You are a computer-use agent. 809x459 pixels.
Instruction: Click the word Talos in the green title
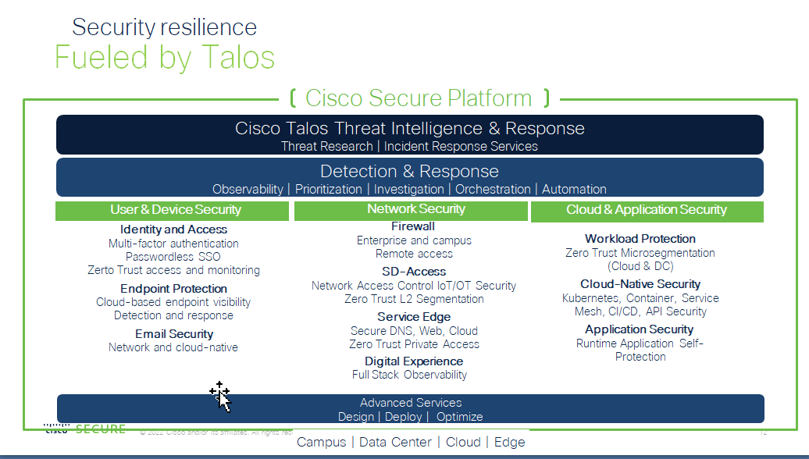[x=233, y=59]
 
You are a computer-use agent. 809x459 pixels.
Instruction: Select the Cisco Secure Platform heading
[x=419, y=98]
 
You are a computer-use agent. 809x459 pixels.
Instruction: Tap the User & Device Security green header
[x=176, y=209]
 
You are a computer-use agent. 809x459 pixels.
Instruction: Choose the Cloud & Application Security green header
[x=647, y=209]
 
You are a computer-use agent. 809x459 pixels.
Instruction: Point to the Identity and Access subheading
[x=174, y=229]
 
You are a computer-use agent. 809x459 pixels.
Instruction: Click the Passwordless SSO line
[x=173, y=257]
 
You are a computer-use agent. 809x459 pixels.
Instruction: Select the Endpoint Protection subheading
[x=173, y=289]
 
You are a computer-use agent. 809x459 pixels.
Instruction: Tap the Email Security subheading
[x=174, y=334]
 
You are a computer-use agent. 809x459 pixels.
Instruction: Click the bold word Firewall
[x=413, y=226]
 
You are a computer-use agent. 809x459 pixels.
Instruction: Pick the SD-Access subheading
[x=414, y=272]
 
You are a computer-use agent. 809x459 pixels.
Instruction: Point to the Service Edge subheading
[x=414, y=317]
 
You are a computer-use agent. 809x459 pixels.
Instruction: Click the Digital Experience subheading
[x=414, y=361]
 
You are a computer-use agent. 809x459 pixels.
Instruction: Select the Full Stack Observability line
[x=409, y=375]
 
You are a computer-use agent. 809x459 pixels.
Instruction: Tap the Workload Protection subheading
[x=640, y=239]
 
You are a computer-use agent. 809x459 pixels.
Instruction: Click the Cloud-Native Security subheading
[x=640, y=284]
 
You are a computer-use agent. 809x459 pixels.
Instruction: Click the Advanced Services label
[x=411, y=403]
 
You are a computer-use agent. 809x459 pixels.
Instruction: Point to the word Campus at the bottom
[x=321, y=442]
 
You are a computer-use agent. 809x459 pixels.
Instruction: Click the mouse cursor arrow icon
[x=222, y=397]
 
